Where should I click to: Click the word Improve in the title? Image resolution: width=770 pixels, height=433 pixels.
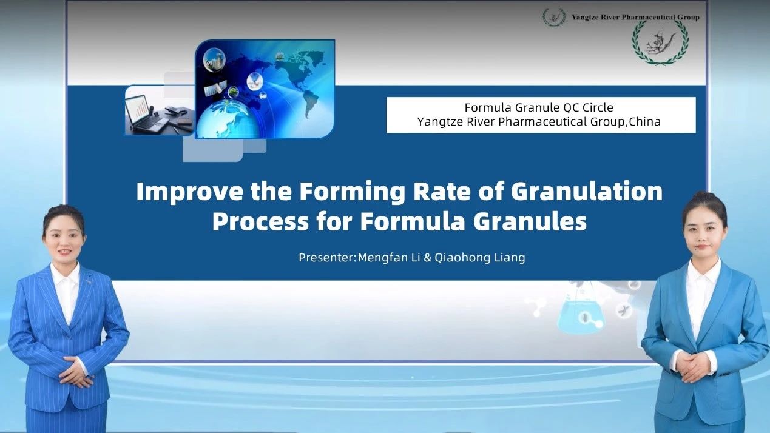[190, 192]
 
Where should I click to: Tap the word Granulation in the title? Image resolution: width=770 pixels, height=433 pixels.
[587, 191]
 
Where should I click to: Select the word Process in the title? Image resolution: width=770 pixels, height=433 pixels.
[260, 222]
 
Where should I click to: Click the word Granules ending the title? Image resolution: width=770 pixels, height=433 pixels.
[530, 222]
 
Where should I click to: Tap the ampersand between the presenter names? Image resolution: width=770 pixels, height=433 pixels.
[428, 258]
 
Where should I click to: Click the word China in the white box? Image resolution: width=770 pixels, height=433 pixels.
[644, 122]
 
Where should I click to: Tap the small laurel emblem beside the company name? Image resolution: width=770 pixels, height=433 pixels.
[554, 17]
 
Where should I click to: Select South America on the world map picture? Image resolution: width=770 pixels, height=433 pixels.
[311, 103]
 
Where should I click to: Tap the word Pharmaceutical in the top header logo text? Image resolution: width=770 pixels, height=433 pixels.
[645, 17]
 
